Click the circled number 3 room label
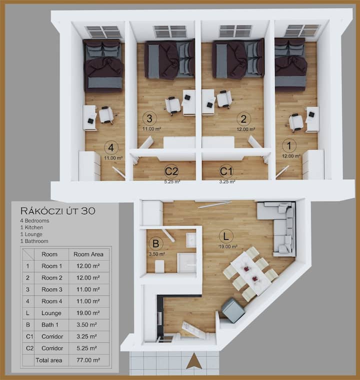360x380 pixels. click(149, 119)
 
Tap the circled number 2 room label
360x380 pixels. click(243, 119)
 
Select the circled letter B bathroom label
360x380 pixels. click(155, 243)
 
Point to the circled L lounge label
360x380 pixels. click(226, 236)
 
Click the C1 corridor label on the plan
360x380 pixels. click(226, 171)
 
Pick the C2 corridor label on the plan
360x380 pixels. click(171, 171)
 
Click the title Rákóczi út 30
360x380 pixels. click(58, 211)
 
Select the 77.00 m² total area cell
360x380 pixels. click(88, 360)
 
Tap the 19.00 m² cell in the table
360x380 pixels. click(88, 313)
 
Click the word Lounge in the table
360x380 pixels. click(51, 313)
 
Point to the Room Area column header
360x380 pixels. click(88, 254)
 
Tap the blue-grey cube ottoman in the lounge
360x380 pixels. click(233, 311)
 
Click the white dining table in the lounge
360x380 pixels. click(251, 273)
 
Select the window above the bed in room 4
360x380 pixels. click(103, 32)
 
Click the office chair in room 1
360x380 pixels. click(296, 122)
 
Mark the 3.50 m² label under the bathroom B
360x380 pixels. click(157, 254)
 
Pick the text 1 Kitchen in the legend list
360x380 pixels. click(31, 228)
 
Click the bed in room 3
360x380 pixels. click(169, 60)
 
